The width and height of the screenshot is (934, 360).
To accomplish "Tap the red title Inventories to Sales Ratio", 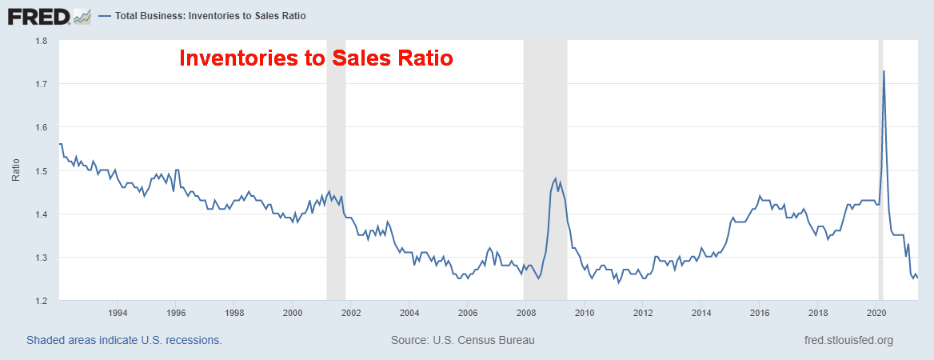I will tap(315, 58).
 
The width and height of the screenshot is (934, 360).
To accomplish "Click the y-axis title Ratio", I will tap(16, 170).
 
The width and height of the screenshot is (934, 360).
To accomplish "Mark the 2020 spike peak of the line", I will tap(884, 71).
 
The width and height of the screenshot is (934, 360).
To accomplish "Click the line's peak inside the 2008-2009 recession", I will tap(555, 178).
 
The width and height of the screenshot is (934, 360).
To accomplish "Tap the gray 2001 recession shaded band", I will tap(336, 240).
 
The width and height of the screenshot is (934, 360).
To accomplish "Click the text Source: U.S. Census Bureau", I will tap(462, 340).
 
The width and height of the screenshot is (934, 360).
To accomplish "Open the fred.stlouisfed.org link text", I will tap(848, 340).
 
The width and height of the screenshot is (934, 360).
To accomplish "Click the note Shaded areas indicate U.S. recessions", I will tap(124, 340).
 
